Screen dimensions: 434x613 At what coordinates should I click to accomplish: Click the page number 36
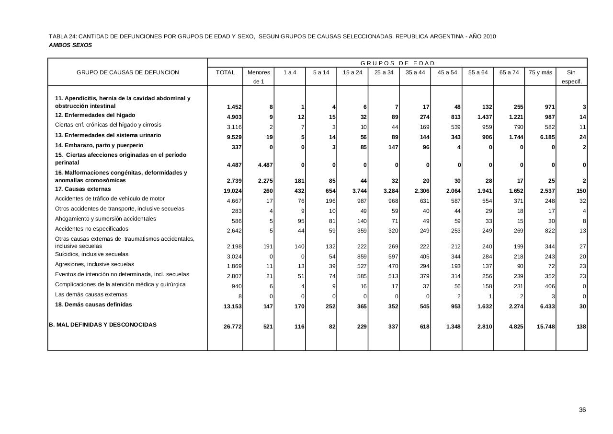pos(582,410)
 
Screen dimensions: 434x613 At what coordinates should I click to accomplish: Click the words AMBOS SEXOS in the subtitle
pos(70,45)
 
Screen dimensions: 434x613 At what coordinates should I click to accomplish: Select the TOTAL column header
pos(226,72)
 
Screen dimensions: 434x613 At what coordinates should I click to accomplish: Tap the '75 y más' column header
pos(540,72)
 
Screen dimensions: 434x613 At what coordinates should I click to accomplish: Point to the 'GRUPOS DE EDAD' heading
pos(397,63)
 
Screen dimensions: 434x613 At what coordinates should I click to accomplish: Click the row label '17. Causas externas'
pos(83,189)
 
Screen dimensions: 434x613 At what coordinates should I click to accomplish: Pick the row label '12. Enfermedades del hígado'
pos(95,115)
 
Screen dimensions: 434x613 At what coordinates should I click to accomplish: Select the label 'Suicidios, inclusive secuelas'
pos(91,254)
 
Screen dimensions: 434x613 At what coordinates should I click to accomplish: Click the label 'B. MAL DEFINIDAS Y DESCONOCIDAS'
pos(102,325)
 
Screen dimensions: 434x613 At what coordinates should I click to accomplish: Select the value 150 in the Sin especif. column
pos(581,191)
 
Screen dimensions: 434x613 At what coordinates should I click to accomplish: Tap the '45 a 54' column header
pos(447,72)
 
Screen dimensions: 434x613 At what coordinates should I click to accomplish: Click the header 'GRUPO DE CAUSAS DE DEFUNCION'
pos(128,72)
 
